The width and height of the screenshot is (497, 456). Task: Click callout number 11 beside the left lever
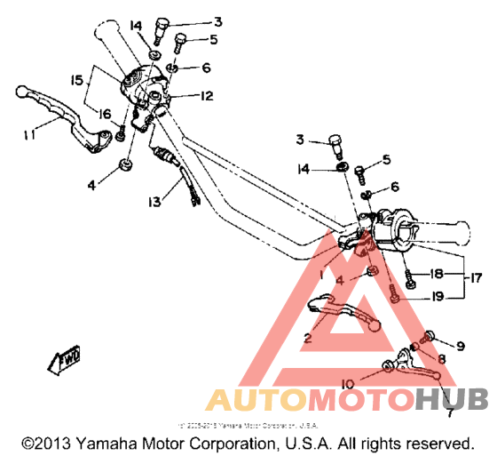click(31, 135)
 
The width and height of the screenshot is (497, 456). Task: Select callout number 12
click(206, 95)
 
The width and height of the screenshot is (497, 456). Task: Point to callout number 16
click(105, 113)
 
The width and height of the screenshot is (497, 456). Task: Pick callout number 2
click(307, 338)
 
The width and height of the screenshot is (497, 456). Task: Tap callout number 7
click(450, 412)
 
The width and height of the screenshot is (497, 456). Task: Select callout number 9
click(460, 345)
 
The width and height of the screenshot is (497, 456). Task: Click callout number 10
click(349, 383)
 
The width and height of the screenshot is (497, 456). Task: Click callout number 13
click(155, 202)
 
